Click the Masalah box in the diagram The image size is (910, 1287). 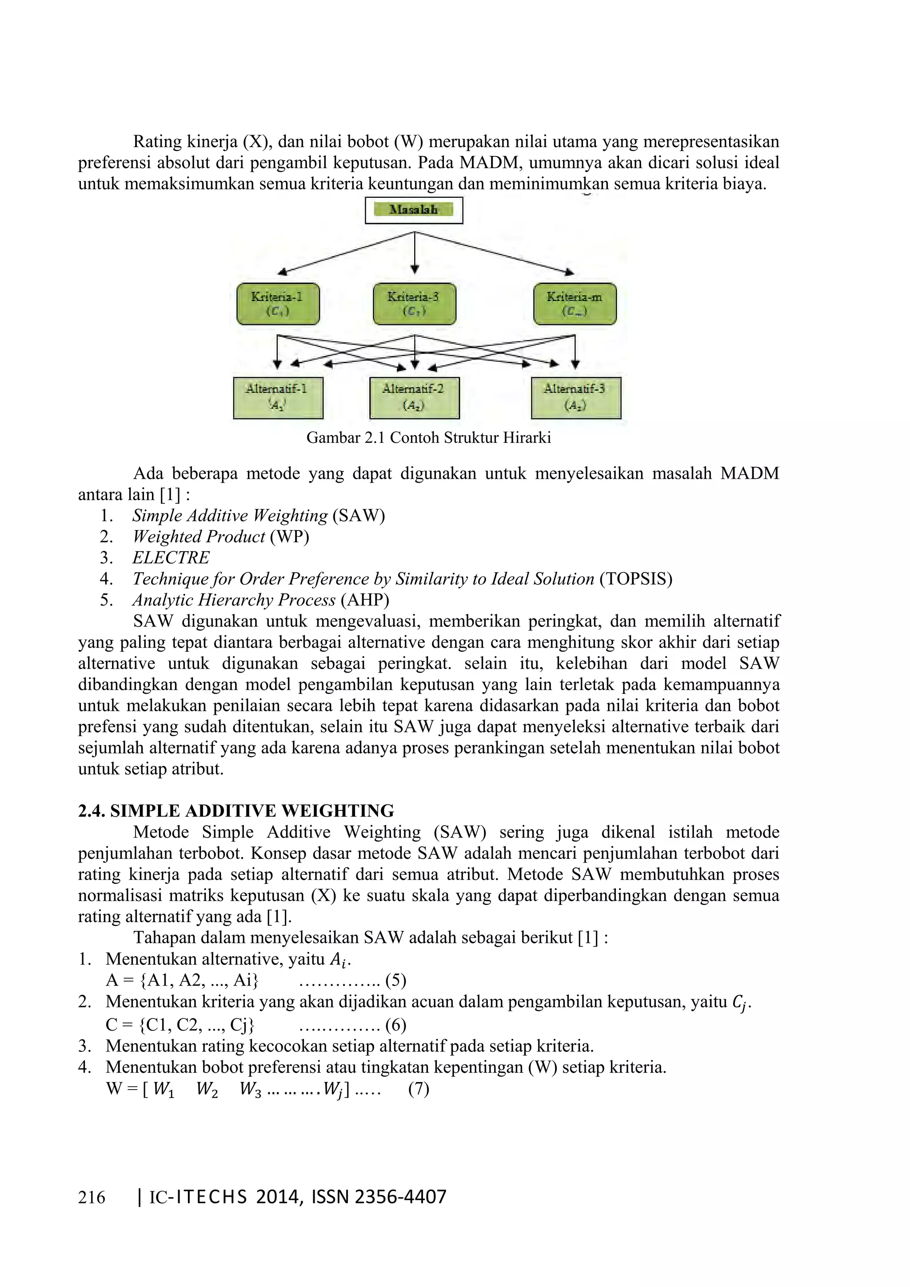[x=414, y=210]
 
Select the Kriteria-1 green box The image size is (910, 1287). [x=278, y=304]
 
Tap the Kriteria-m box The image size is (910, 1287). [x=575, y=304]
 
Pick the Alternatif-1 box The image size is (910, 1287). [x=278, y=397]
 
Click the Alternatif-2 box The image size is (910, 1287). [x=414, y=397]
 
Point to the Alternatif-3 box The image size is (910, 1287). [x=575, y=397]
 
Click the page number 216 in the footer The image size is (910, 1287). [x=92, y=1197]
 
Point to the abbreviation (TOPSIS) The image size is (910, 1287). [x=635, y=578]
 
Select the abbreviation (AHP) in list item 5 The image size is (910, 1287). [x=364, y=600]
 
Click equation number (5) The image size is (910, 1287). [x=395, y=980]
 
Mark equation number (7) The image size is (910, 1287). [x=418, y=1089]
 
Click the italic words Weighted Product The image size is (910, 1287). [x=198, y=537]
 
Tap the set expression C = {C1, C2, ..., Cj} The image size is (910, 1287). [x=180, y=1025]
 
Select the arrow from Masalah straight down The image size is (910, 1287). [x=414, y=252]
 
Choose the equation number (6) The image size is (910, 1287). [x=395, y=1025]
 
